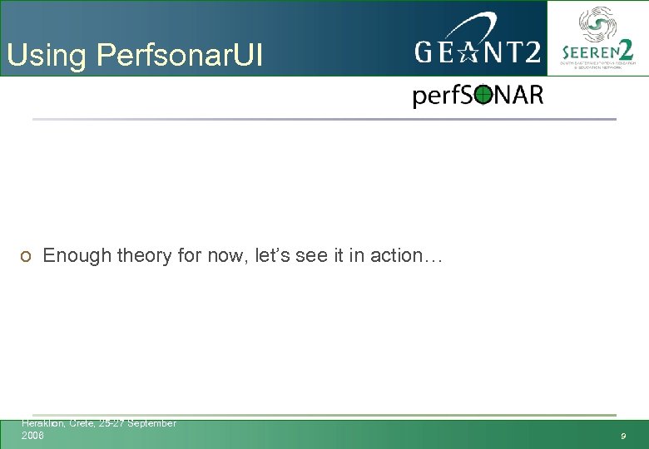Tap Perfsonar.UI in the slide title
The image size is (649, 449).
180,56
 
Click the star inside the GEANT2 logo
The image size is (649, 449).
467,52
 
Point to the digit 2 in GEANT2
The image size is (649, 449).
528,52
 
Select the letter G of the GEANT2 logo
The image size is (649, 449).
425,52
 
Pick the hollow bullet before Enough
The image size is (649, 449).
27,256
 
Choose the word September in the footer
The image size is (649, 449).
151,423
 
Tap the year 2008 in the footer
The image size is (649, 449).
32,435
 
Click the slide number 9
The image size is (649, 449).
622,437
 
